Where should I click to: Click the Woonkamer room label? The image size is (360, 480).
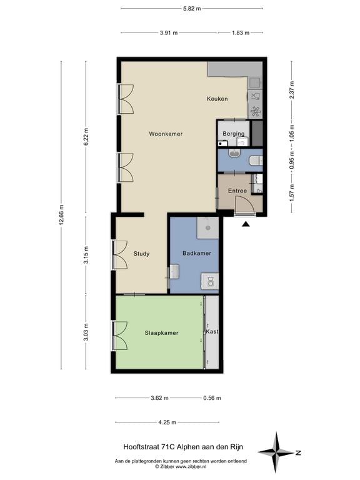tap(166, 134)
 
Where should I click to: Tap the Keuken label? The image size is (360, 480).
tap(217, 99)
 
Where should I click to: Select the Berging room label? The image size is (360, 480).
tap(234, 134)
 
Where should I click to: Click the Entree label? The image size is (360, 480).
tap(237, 191)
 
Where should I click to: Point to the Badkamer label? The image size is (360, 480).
tap(196, 253)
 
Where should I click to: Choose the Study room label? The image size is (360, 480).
tap(141, 254)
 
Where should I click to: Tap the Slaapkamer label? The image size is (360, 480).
tap(161, 333)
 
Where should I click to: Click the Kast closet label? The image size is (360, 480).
tap(212, 331)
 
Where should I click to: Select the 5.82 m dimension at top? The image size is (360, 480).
tap(192, 9)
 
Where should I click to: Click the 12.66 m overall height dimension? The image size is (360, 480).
tap(61, 215)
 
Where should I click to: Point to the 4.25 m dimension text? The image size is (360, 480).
tap(167, 422)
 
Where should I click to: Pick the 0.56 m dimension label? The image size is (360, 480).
tap(212, 398)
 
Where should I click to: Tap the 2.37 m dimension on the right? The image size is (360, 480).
tap(291, 90)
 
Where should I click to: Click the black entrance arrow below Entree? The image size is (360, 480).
tap(246, 224)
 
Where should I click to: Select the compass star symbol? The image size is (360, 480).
tap(276, 452)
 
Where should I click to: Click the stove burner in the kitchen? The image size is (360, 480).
tap(255, 111)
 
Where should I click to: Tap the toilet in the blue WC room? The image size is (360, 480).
tap(255, 160)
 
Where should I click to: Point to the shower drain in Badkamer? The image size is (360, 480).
tap(208, 227)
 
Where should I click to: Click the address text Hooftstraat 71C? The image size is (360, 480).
tap(149, 447)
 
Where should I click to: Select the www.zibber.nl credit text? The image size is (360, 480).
tap(191, 466)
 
